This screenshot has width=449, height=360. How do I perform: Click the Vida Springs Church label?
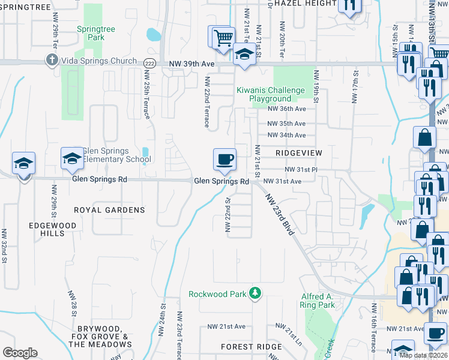(x=99, y=61)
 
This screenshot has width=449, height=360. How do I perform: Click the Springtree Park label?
(x=91, y=33)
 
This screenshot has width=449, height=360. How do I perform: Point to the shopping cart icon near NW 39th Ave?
(x=223, y=37)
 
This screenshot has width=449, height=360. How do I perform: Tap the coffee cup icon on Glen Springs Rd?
(x=224, y=160)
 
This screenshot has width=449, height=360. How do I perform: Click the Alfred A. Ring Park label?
(x=317, y=301)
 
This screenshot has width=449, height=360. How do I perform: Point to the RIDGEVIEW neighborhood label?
(x=300, y=153)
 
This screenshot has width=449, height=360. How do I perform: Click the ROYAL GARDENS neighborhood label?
(x=109, y=210)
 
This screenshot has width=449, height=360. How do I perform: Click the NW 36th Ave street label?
(x=286, y=109)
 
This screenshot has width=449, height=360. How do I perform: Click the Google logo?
(x=20, y=353)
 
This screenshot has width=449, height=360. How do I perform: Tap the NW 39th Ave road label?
(x=192, y=63)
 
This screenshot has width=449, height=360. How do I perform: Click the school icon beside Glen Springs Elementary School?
(x=72, y=158)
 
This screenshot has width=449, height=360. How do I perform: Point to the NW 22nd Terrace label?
(x=207, y=102)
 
